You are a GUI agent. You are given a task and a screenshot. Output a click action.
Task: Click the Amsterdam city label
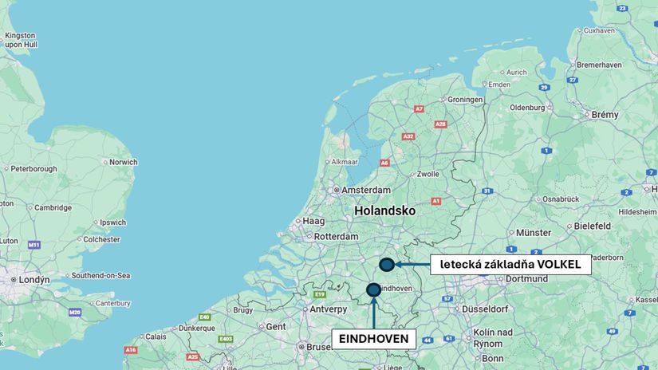pyautogui.click(x=367, y=191)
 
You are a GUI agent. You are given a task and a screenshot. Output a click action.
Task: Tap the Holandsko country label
pyautogui.click(x=385, y=211)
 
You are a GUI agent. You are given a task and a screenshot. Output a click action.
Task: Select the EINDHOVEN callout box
pyautogui.click(x=373, y=339)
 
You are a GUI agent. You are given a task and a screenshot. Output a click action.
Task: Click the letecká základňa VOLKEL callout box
pyautogui.click(x=510, y=264)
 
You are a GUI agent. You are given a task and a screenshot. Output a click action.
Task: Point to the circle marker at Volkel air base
pyautogui.click(x=387, y=265)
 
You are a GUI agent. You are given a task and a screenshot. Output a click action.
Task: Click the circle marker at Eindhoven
pyautogui.click(x=373, y=289)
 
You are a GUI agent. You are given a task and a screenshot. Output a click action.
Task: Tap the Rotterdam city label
pyautogui.click(x=336, y=237)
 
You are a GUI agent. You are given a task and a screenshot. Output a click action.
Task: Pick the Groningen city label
pyautogui.click(x=466, y=100)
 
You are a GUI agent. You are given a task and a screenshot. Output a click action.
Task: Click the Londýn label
pyautogui.click(x=34, y=280)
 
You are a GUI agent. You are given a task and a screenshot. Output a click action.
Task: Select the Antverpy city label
pyautogui.click(x=329, y=309)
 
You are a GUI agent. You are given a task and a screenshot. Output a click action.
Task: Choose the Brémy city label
pyautogui.click(x=605, y=115)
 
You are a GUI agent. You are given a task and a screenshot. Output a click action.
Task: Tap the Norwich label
pyautogui.click(x=124, y=162)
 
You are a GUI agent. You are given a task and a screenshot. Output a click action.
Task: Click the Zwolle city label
pyautogui.click(x=428, y=173)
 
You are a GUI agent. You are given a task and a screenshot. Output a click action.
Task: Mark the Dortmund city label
pyautogui.click(x=526, y=278)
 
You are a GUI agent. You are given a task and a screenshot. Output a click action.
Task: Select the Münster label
pyautogui.click(x=534, y=233)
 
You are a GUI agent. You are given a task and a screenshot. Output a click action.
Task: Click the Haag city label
pyautogui.click(x=313, y=221)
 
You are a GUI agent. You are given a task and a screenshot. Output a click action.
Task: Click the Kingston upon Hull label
pyautogui.click(x=20, y=41)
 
